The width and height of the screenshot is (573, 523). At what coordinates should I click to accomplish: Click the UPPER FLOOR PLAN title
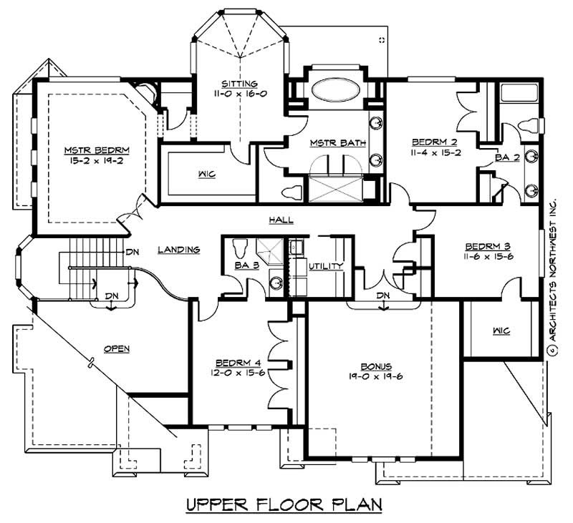tap(284, 504)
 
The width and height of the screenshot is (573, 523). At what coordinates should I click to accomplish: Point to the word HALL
tap(280, 220)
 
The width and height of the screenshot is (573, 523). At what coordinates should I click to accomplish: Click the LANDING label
tap(179, 250)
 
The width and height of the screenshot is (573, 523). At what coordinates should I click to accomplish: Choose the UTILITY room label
tap(327, 266)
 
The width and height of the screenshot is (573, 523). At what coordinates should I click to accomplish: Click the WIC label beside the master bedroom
tap(206, 174)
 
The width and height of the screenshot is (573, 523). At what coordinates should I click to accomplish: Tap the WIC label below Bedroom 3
tap(501, 331)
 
